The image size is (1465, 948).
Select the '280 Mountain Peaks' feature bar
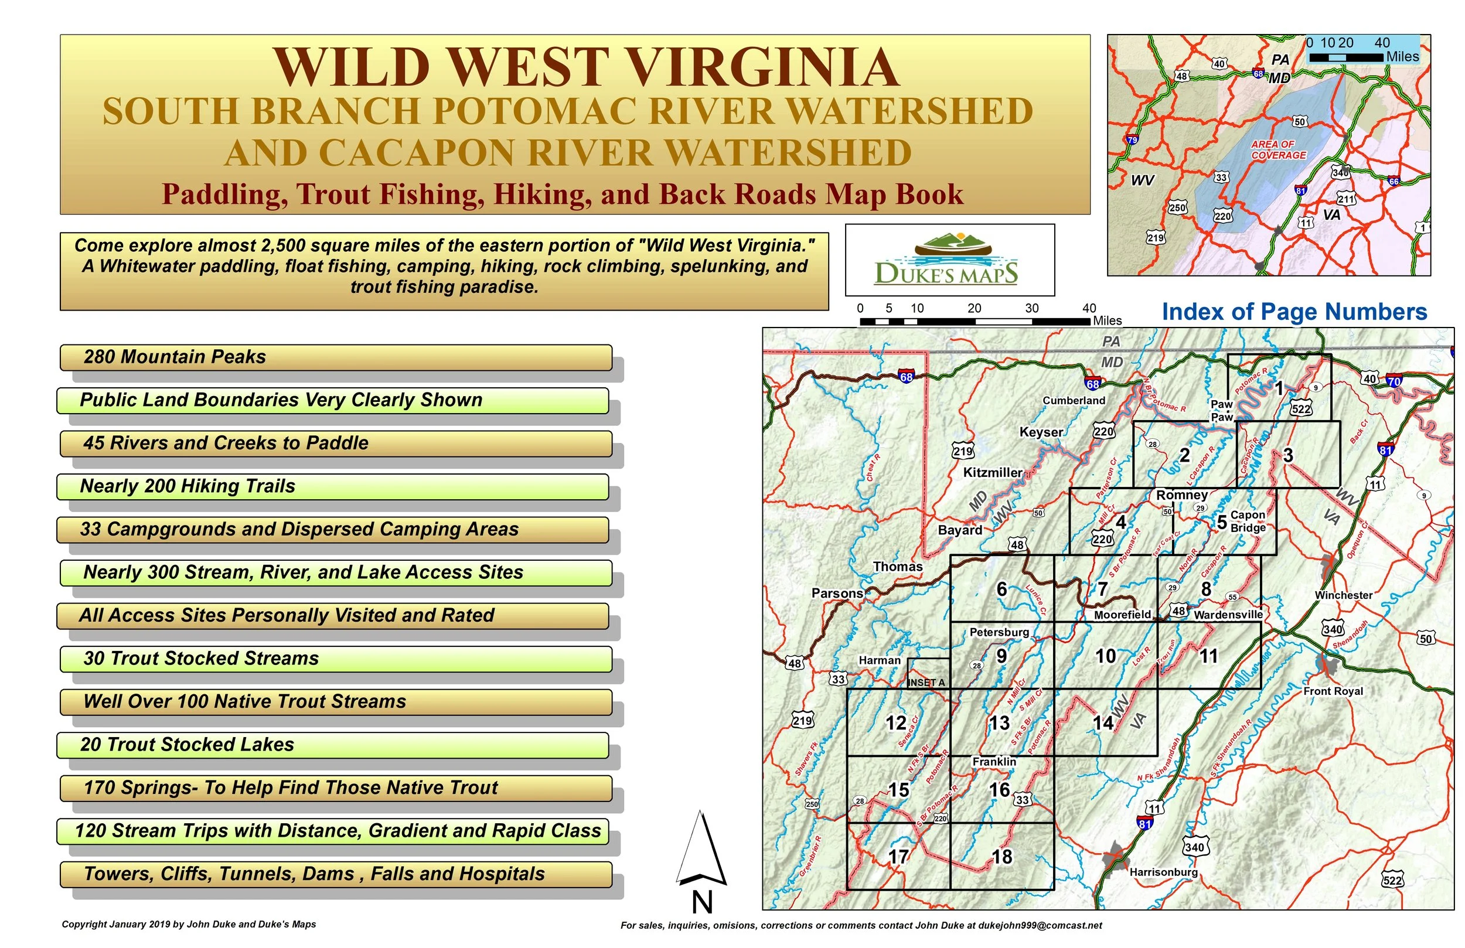point(335,357)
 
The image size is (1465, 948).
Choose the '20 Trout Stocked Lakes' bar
point(332,745)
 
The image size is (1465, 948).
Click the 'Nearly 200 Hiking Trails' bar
point(332,486)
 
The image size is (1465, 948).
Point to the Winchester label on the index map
point(1343,595)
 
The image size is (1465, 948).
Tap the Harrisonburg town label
point(1163,872)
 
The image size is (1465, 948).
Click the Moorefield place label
point(1122,615)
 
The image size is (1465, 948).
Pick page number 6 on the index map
point(1001,589)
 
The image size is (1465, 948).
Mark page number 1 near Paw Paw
point(1279,388)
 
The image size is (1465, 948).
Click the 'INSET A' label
point(926,683)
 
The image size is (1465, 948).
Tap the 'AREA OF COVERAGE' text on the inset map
point(1278,149)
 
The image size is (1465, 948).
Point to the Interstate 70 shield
point(1394,381)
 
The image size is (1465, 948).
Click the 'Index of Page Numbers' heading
point(1294,312)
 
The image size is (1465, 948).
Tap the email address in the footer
point(1040,925)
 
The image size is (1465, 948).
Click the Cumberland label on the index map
point(1074,400)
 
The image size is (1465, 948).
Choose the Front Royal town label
point(1333,691)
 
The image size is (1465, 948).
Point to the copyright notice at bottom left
point(188,925)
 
